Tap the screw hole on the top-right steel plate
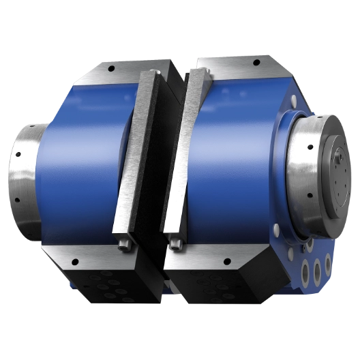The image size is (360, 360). pos(256,62)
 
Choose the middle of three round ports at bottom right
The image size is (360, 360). pos(316,268)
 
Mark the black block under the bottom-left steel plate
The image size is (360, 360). pos(102,286)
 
